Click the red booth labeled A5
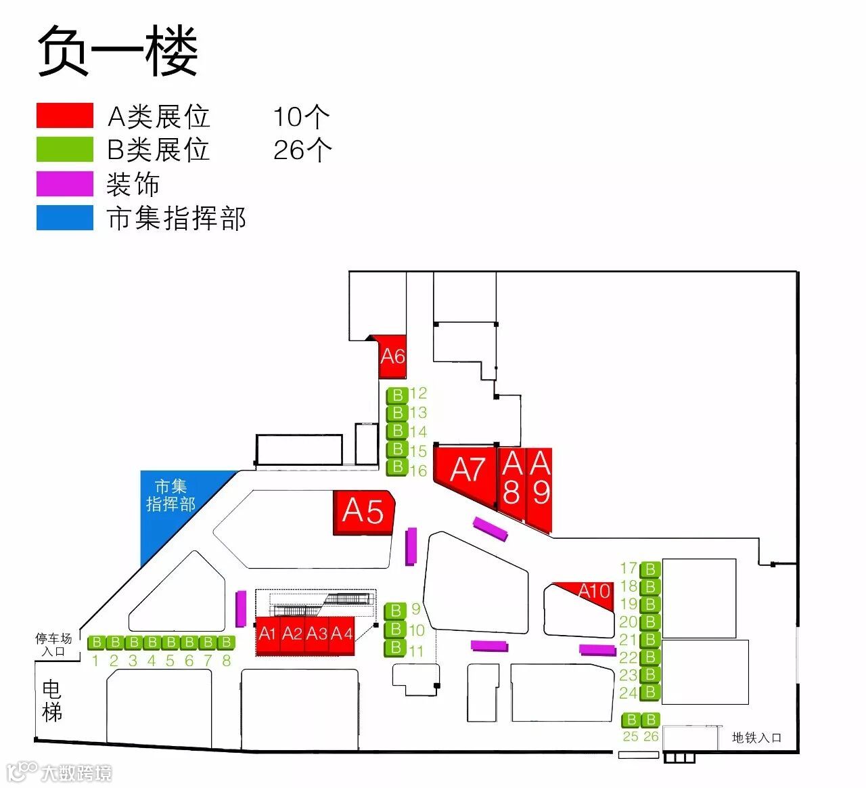(x=363, y=512)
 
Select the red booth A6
(x=392, y=356)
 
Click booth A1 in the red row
(x=268, y=635)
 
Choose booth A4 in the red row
(x=341, y=635)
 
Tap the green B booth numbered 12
(x=397, y=395)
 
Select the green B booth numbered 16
(x=397, y=468)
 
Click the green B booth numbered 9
(x=396, y=611)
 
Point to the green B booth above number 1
(x=96, y=642)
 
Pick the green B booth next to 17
(x=650, y=569)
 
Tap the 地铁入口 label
(x=756, y=738)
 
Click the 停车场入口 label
(x=53, y=644)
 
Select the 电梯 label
(x=52, y=701)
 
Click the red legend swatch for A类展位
(x=65, y=116)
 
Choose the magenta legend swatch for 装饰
(x=65, y=184)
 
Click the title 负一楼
(x=117, y=51)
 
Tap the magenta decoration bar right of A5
(x=411, y=546)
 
